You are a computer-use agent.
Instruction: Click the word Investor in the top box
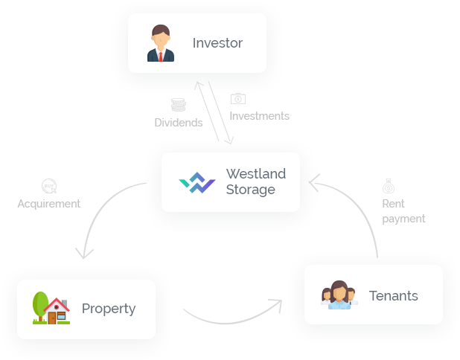point(217,43)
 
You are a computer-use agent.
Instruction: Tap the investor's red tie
point(161,55)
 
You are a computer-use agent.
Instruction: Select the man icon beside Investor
point(161,43)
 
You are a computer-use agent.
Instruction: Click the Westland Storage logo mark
point(197,182)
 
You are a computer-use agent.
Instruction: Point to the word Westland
point(255,174)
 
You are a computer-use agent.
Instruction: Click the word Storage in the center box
point(250,190)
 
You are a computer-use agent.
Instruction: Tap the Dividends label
point(178,122)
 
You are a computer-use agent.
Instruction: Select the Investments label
point(258,116)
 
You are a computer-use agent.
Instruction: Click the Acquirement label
point(47,204)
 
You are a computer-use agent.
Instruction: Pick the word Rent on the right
point(393,204)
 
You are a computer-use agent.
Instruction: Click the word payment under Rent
point(403,219)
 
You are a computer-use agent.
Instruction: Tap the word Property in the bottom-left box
point(109,309)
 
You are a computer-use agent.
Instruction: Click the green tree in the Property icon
point(41,305)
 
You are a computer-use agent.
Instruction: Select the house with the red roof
point(57,311)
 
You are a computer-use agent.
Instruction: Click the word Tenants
point(393,296)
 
